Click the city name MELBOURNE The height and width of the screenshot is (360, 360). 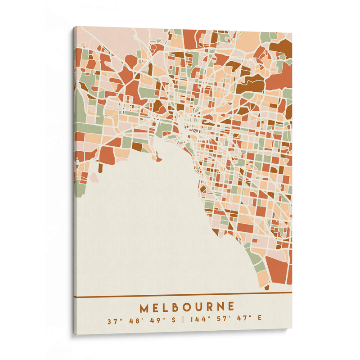[187, 307]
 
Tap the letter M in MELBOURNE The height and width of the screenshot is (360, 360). [144, 308]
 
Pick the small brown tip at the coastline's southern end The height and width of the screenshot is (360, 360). [267, 287]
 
